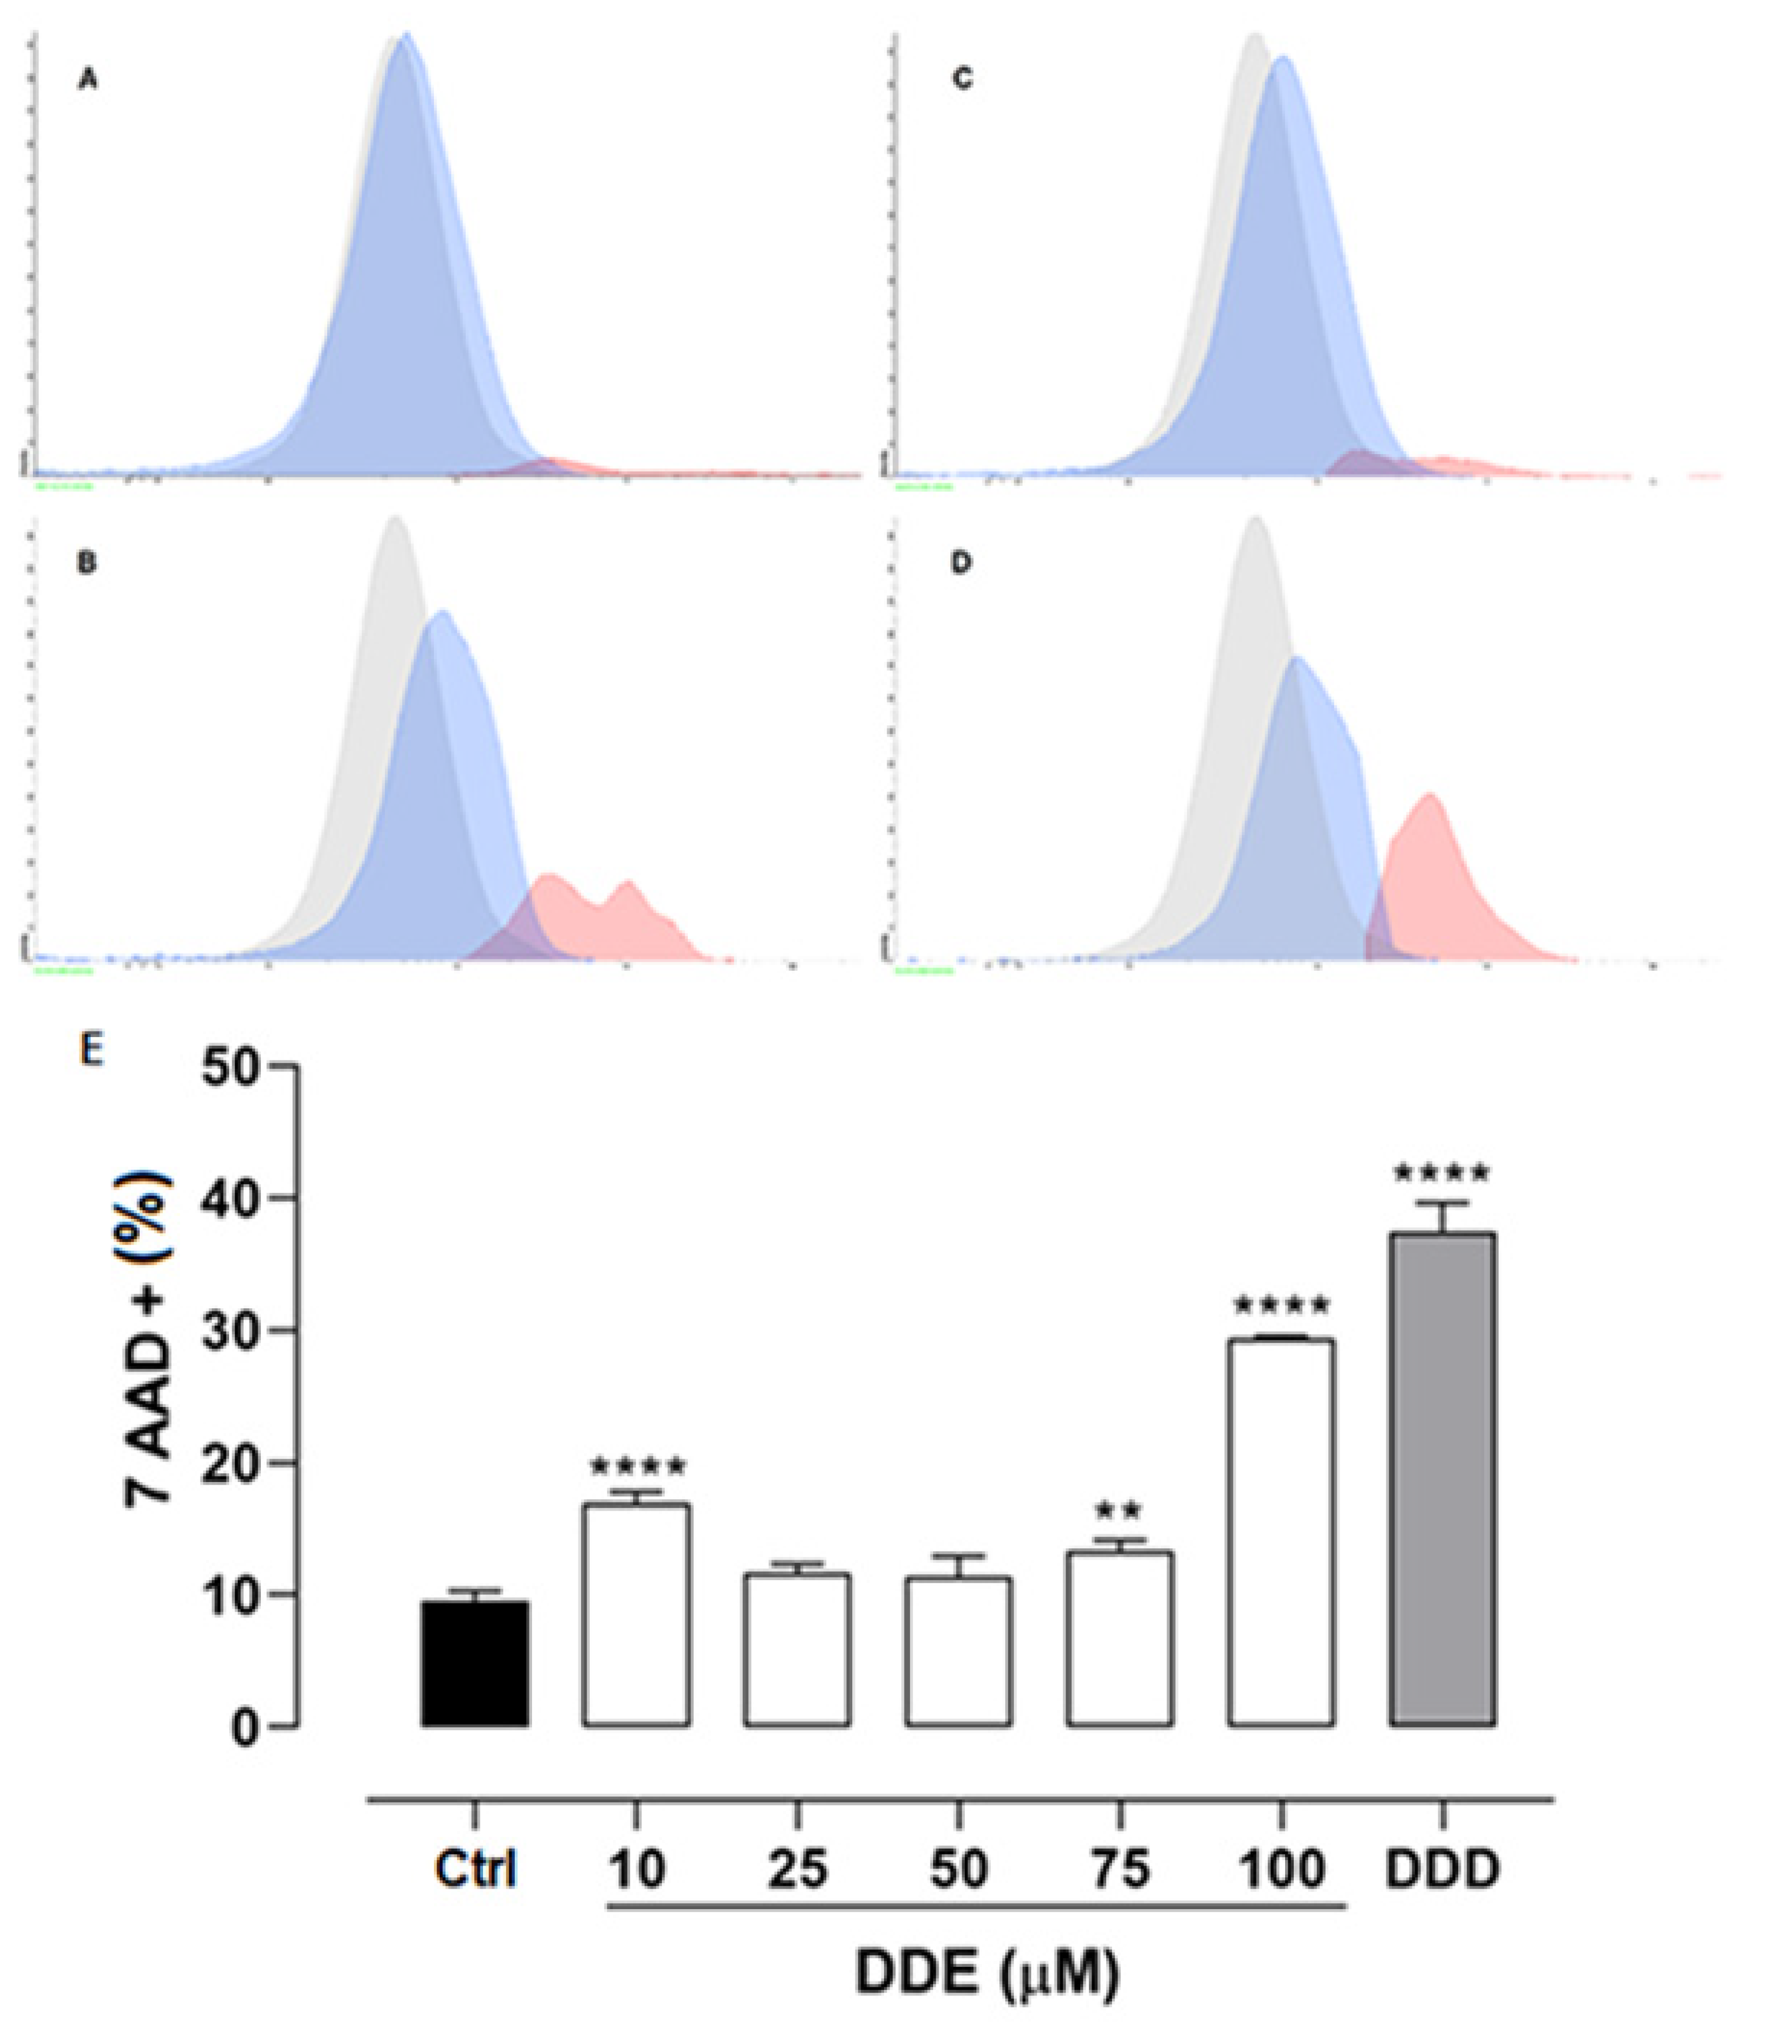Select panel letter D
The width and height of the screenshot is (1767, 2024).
(962, 563)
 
